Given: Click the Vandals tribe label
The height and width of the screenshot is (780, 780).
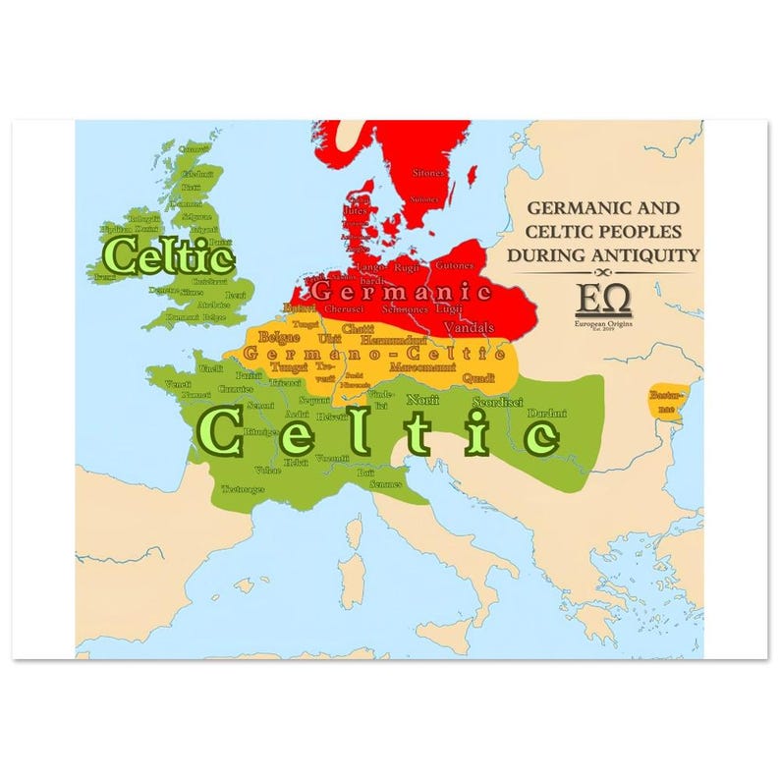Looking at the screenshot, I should coord(469,326).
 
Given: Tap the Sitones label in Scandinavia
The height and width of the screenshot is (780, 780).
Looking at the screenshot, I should coord(427,172).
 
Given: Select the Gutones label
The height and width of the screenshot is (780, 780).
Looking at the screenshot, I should coord(454,266).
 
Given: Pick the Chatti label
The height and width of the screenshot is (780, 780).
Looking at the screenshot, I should coord(361,327).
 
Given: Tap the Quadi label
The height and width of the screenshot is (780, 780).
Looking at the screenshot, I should coord(478,377).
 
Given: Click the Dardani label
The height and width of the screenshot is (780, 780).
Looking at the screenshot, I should coord(546,414).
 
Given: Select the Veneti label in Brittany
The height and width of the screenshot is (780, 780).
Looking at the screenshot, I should coord(178,383).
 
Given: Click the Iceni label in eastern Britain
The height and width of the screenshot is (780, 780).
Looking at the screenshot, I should coord(236,295).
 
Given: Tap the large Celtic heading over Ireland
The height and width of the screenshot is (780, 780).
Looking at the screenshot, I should coord(168,256).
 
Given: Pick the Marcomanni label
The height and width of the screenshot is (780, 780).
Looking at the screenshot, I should coord(423,365).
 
